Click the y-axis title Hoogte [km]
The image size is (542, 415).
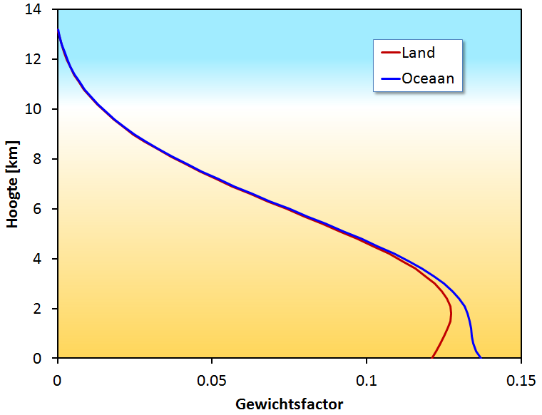[12, 184]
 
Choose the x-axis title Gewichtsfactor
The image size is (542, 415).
[290, 404]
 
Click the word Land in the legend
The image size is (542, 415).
[419, 53]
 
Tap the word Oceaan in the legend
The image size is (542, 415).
[428, 78]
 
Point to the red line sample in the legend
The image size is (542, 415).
[389, 53]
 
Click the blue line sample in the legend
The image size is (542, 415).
[389, 78]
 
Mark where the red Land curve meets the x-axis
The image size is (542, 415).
[432, 357]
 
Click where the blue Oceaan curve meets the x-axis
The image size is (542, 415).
[480, 357]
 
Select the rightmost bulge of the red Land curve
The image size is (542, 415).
[451, 314]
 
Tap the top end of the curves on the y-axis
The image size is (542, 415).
[58, 29]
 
